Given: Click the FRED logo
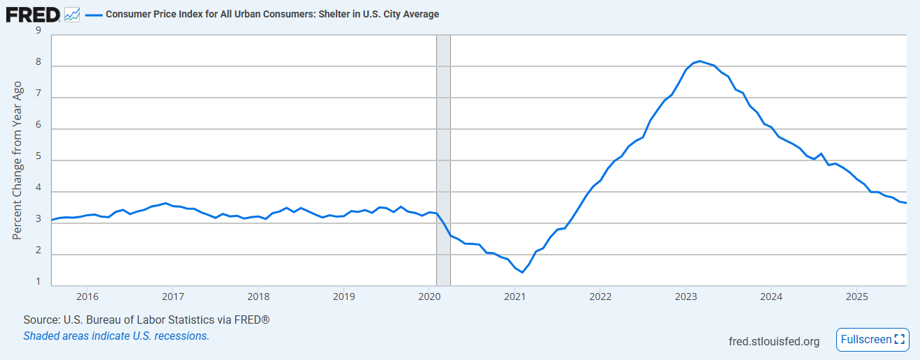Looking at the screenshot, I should click(x=33, y=13).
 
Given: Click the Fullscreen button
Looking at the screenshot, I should click(x=873, y=340).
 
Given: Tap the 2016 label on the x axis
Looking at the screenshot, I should click(x=87, y=296).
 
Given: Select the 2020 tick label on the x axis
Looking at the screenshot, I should click(x=429, y=296).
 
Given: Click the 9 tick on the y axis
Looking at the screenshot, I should click(x=38, y=31).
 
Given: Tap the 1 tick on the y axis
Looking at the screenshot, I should click(x=38, y=284).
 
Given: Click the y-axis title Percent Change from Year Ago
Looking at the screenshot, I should click(x=18, y=160).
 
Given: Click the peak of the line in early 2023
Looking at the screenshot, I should click(x=700, y=61).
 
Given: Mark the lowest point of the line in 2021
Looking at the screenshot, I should click(x=522, y=272).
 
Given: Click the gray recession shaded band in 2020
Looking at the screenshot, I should click(x=443, y=160).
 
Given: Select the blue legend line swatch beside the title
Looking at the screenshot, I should click(x=93, y=14).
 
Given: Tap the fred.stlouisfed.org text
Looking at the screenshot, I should click(x=773, y=341).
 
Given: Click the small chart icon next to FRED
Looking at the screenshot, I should click(x=72, y=14).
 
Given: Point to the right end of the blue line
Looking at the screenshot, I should click(x=906, y=203).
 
